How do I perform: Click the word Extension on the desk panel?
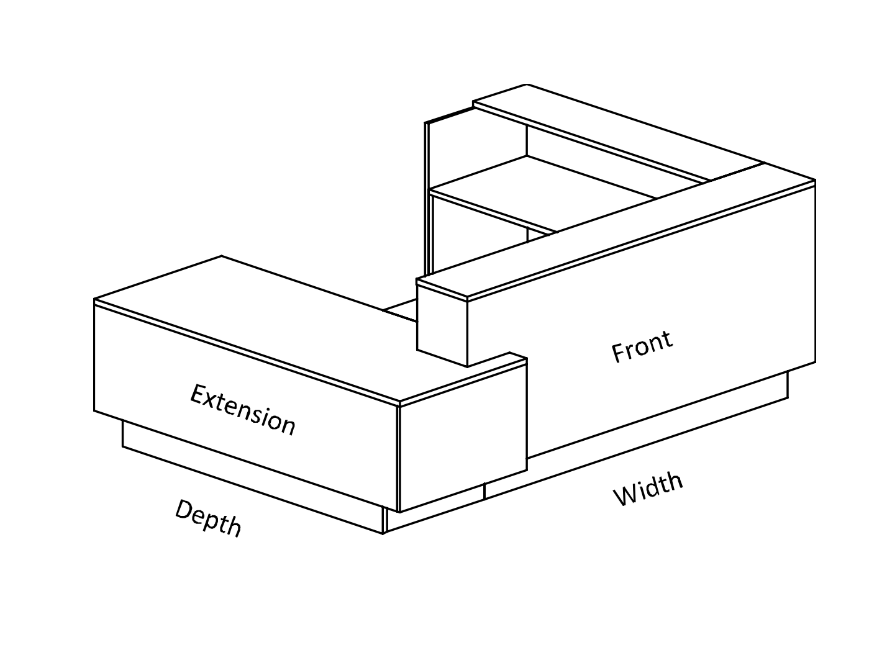[242, 410]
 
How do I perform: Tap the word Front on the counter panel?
[642, 346]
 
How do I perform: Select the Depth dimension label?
[208, 518]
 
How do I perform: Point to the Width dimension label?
[648, 489]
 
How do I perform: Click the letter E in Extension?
[198, 395]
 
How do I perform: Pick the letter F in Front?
[619, 353]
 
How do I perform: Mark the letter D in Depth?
[184, 510]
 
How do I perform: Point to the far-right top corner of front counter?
[815, 181]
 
